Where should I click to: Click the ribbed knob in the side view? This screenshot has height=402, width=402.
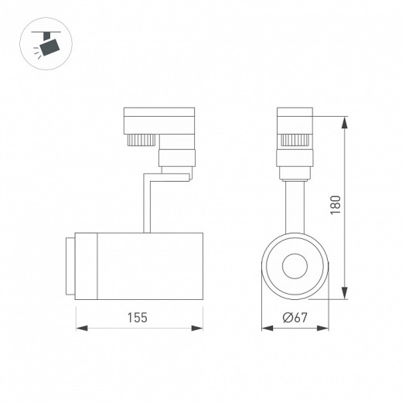click(138, 141)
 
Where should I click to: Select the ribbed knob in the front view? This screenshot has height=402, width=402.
click(295, 141)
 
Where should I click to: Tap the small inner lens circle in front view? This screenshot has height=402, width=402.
click(295, 266)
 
